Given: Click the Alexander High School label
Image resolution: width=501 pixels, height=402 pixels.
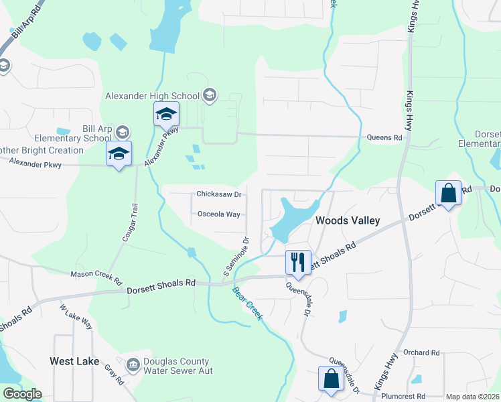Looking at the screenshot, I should (x=153, y=96).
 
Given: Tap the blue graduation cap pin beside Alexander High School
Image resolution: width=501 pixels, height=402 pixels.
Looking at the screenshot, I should (x=167, y=115).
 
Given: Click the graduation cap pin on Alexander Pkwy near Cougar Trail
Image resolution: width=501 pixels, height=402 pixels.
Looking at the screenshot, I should (x=119, y=154).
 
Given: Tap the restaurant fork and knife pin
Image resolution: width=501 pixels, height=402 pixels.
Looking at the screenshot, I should (x=298, y=262).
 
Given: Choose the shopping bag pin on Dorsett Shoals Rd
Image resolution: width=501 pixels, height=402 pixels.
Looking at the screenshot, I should (x=448, y=194).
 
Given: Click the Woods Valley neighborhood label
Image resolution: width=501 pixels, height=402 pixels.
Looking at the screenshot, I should (x=348, y=220).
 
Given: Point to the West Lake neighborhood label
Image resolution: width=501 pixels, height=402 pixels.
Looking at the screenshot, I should (x=74, y=361).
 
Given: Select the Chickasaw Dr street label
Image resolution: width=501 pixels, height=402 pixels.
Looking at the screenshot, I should (x=218, y=194).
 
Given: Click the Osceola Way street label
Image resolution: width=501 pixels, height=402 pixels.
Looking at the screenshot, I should (x=218, y=214).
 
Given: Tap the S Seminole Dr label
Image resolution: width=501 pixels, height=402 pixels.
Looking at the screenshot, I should (x=236, y=257).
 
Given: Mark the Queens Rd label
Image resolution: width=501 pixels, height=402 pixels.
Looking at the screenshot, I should (x=384, y=138).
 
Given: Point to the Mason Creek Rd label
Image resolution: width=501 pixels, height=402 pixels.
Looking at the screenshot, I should (x=96, y=274).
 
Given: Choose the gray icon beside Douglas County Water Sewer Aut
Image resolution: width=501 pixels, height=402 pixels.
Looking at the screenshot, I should (x=132, y=362).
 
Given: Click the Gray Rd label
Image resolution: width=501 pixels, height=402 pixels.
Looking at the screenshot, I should (x=115, y=375).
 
